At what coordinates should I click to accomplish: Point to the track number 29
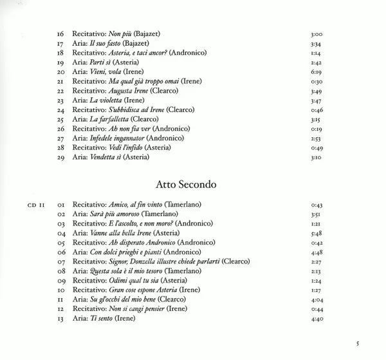(61, 157)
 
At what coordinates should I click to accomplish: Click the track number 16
(61, 33)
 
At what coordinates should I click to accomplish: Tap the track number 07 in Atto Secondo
(61, 261)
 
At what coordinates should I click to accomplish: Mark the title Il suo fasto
(103, 43)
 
